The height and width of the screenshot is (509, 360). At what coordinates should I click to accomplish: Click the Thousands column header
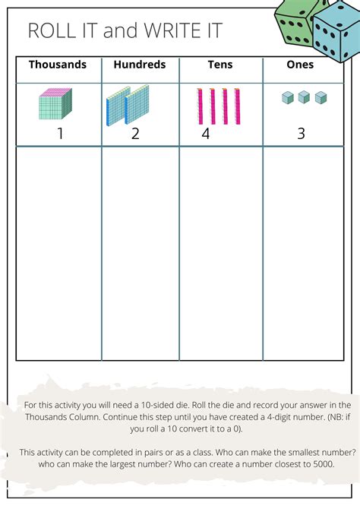click(58, 65)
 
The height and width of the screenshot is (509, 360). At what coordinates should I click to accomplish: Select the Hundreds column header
click(139, 65)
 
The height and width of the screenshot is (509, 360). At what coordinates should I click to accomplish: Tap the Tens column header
click(220, 65)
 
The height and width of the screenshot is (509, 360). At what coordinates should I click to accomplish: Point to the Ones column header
click(300, 65)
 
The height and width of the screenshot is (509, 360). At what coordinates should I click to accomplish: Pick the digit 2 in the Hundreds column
click(135, 134)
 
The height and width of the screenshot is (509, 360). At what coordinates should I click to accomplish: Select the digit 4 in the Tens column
click(206, 134)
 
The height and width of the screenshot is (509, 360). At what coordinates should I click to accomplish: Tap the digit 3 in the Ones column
click(301, 134)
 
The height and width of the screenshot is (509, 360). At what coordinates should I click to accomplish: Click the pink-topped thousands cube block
click(55, 104)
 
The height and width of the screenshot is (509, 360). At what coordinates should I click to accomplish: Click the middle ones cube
click(303, 97)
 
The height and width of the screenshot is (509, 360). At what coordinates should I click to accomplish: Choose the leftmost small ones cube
click(287, 97)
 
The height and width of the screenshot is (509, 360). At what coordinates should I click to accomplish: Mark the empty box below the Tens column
click(220, 253)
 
